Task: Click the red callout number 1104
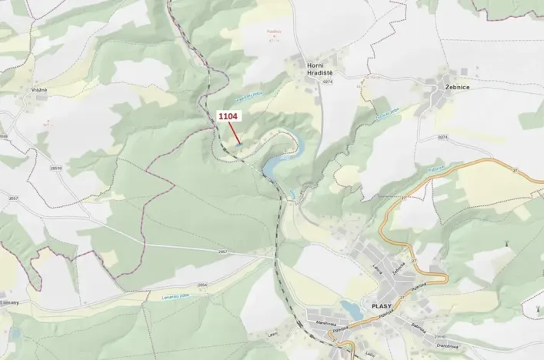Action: click(228, 115)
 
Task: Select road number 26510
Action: click(55, 167)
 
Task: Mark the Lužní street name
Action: click(369, 353)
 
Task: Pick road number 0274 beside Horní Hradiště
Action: click(329, 82)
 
